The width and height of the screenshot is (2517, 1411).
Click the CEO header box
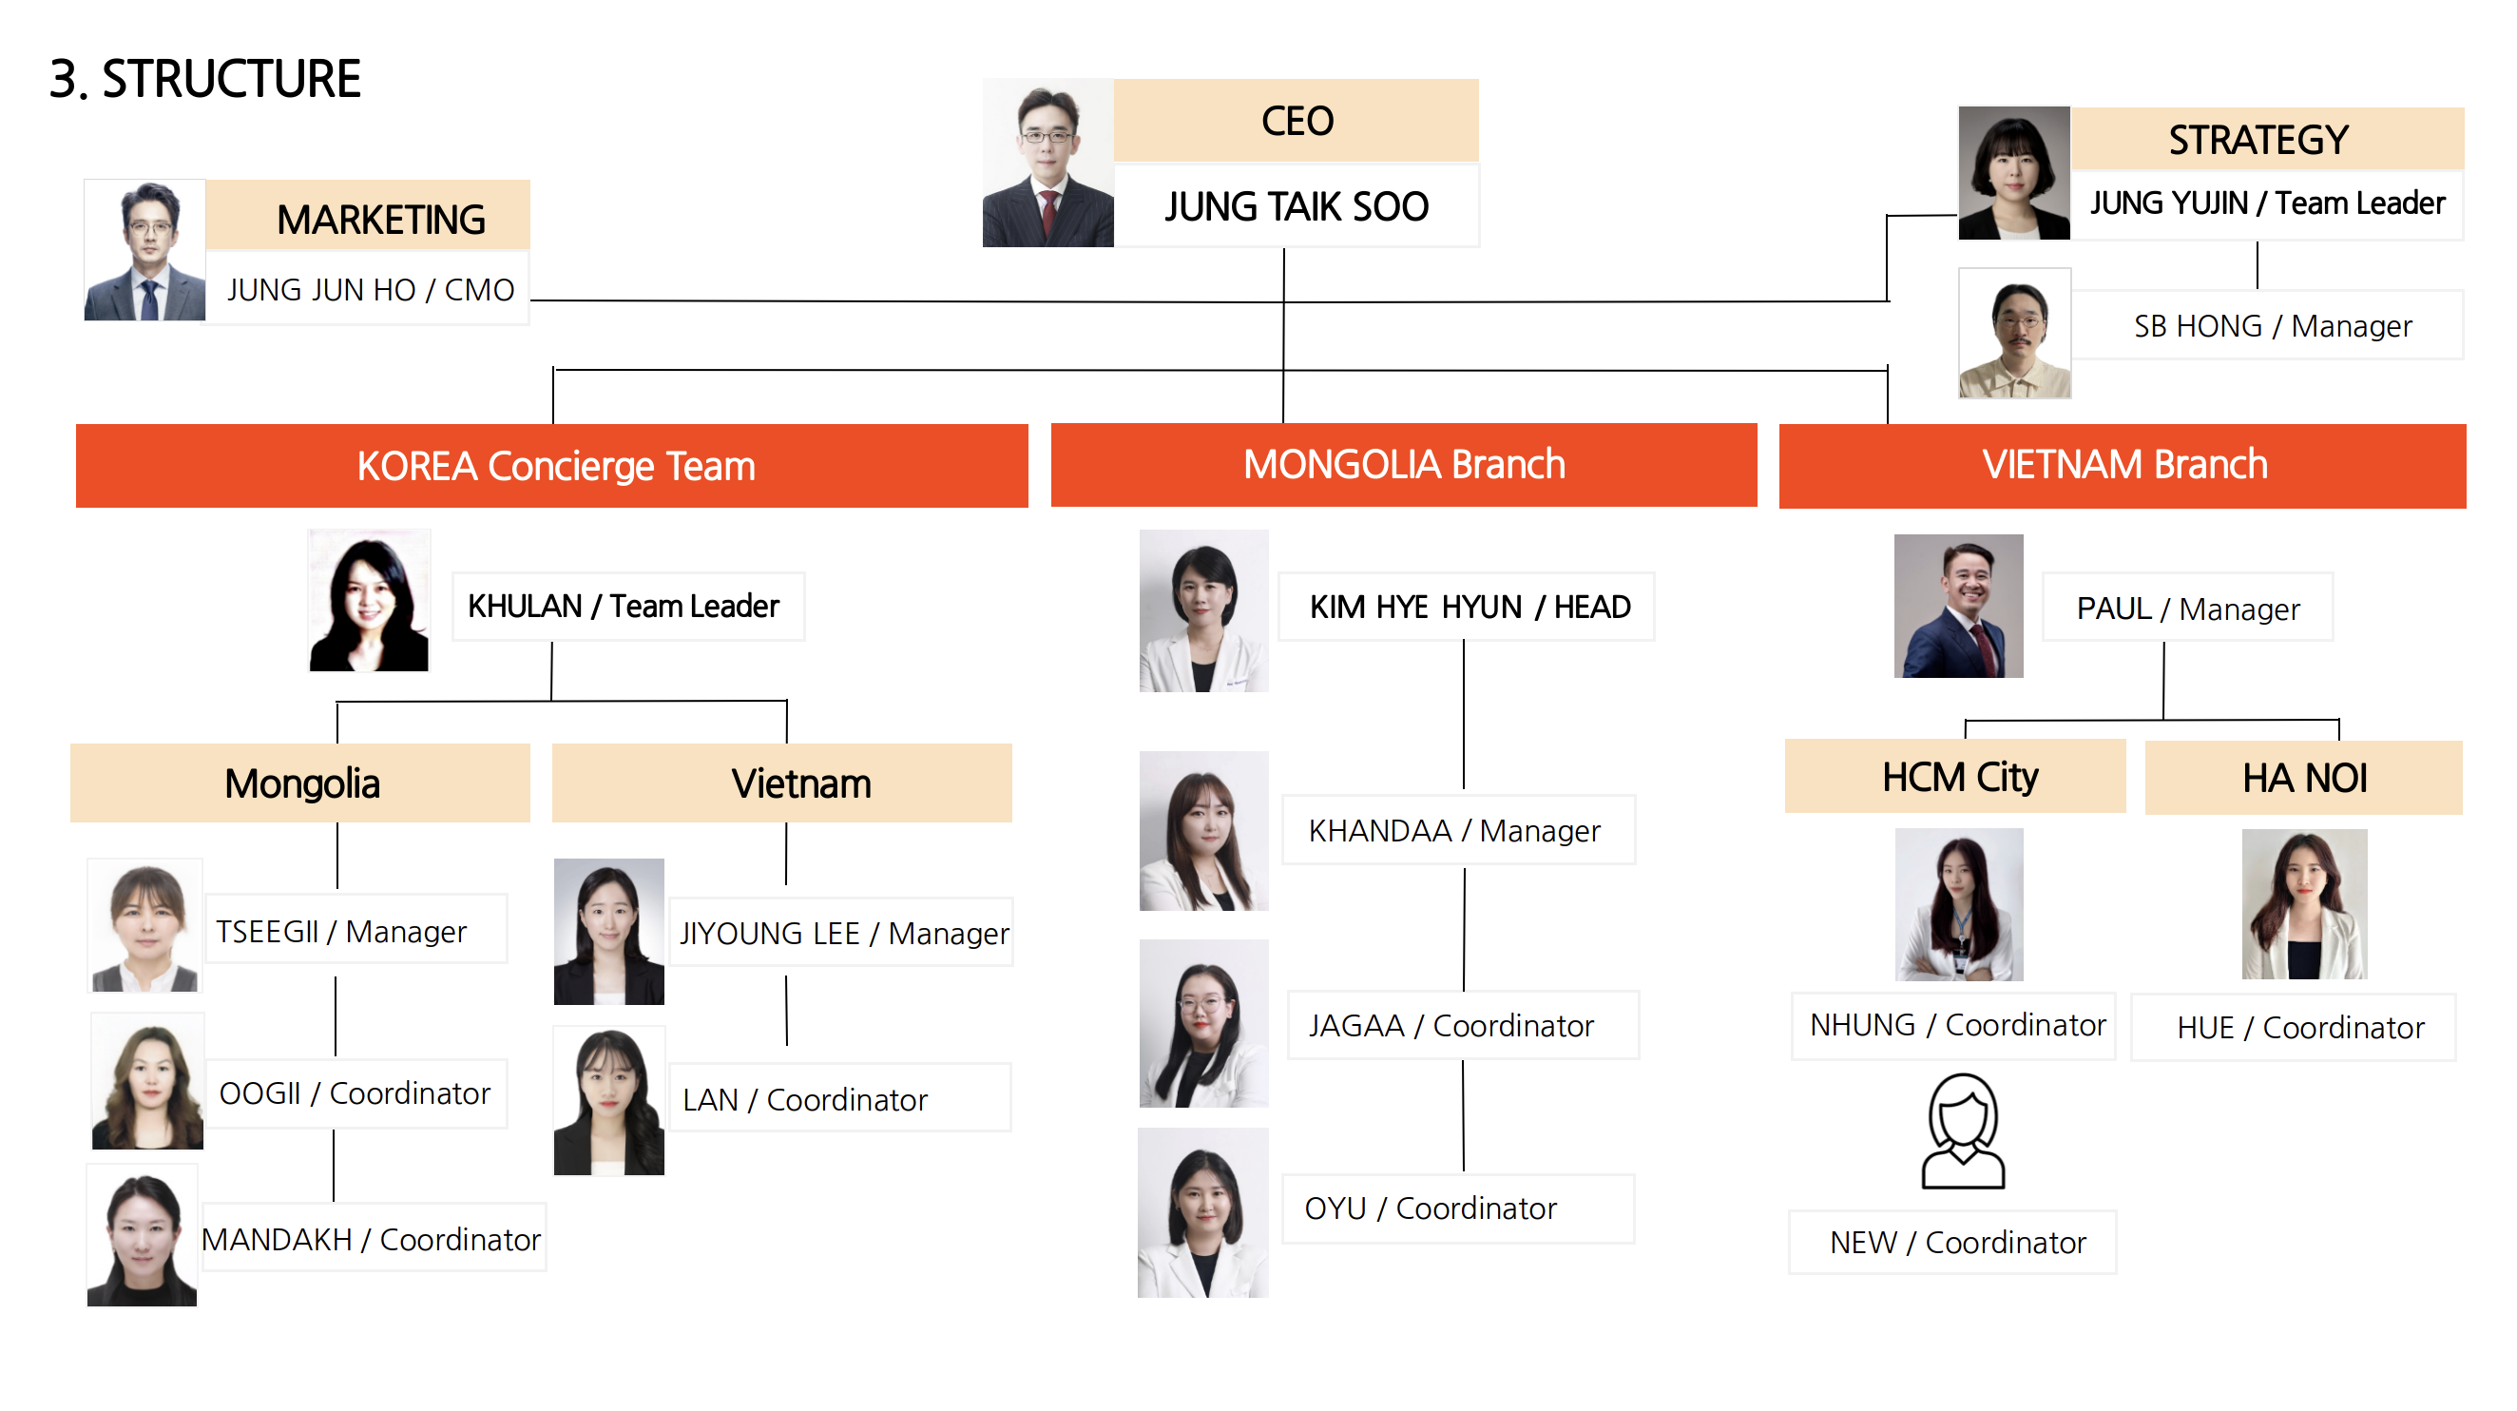click(1296, 121)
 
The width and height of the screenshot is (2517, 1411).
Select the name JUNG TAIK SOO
click(1296, 206)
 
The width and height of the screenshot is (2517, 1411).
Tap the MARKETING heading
click(380, 219)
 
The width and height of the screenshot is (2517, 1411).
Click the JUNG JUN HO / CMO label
click(370, 289)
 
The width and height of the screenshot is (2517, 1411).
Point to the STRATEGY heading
click(2258, 140)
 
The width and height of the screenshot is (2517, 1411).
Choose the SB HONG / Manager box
click(2272, 325)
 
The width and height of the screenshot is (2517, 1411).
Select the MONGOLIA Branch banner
click(1403, 464)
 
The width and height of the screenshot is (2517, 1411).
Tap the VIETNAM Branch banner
click(2123, 464)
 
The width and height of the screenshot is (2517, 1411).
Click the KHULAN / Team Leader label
click(624, 606)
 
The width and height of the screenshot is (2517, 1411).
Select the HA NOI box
click(2303, 778)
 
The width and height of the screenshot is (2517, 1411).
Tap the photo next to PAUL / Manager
click(1957, 606)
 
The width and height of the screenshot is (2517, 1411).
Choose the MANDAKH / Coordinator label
click(372, 1239)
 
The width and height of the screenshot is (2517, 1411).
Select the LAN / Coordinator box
click(805, 1099)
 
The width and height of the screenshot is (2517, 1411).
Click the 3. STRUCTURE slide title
click(205, 79)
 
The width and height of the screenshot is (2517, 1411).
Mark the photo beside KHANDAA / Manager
click(1202, 831)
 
